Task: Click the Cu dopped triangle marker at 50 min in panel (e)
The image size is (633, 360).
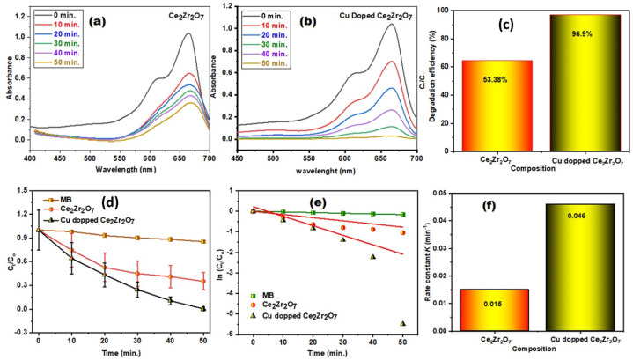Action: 403,323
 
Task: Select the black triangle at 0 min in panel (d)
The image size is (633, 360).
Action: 38,231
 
